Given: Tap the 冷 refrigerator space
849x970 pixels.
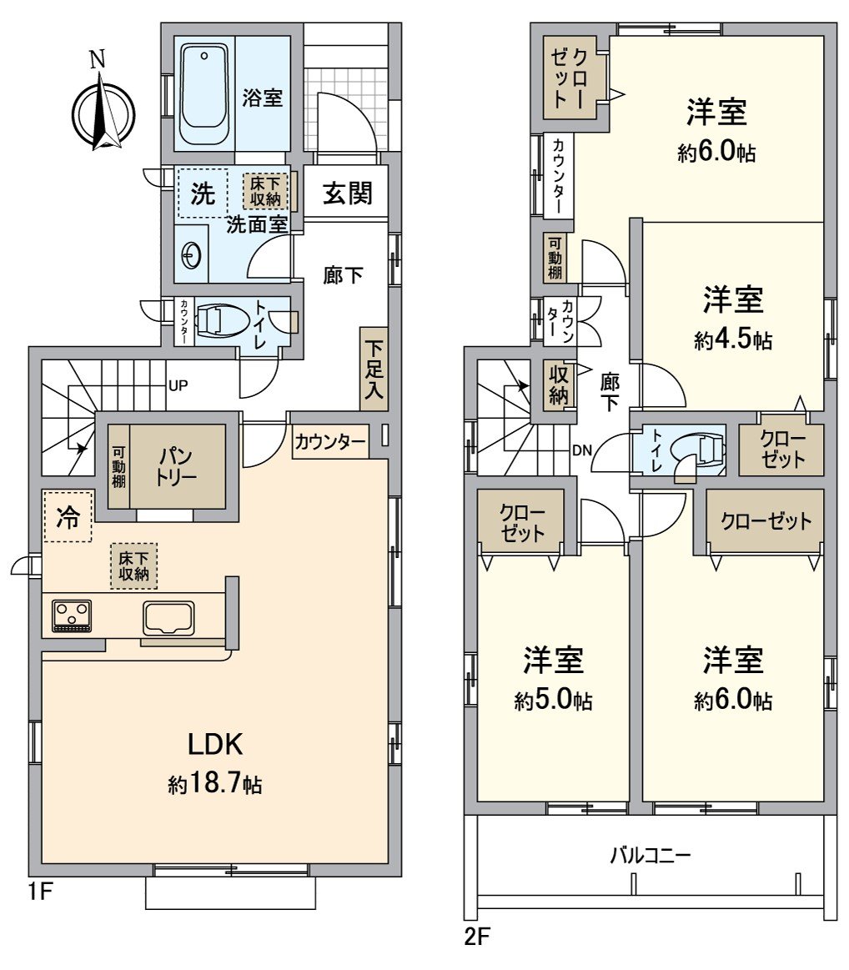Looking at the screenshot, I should tap(68, 518).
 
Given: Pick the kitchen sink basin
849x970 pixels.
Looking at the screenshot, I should tap(169, 618).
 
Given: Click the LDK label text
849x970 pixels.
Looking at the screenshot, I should tap(214, 742).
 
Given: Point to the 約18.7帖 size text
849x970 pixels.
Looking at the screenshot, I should tap(214, 784).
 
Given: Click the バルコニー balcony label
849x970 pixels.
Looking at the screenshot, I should tap(651, 855).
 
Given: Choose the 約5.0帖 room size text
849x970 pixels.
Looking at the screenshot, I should tap(553, 701).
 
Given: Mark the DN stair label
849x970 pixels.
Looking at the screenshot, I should tap(582, 450).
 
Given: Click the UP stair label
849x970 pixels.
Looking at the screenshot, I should tap(178, 386).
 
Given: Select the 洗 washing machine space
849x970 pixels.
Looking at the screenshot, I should tap(203, 194).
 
